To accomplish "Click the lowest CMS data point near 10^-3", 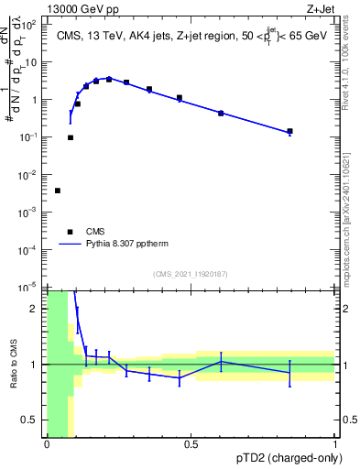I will click(58, 191).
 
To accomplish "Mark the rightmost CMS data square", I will click(290, 132).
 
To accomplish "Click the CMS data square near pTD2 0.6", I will click(221, 113).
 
